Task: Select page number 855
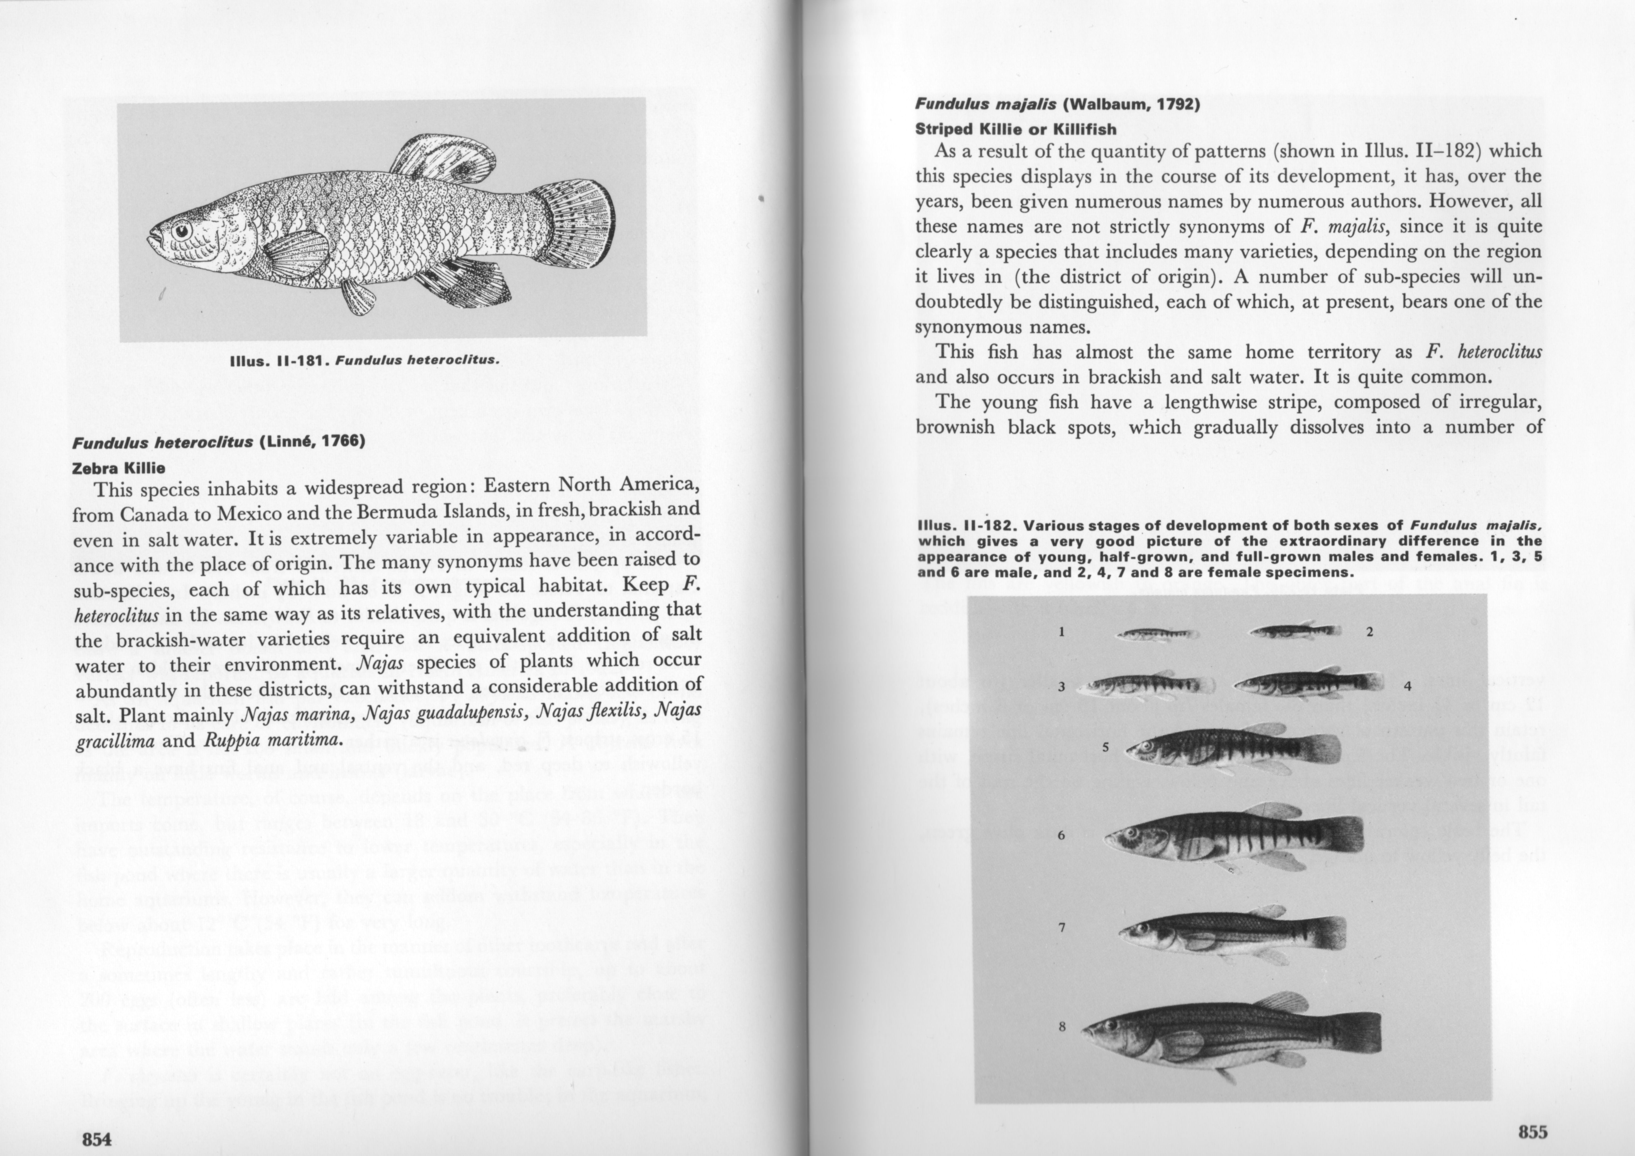click(1532, 1131)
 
